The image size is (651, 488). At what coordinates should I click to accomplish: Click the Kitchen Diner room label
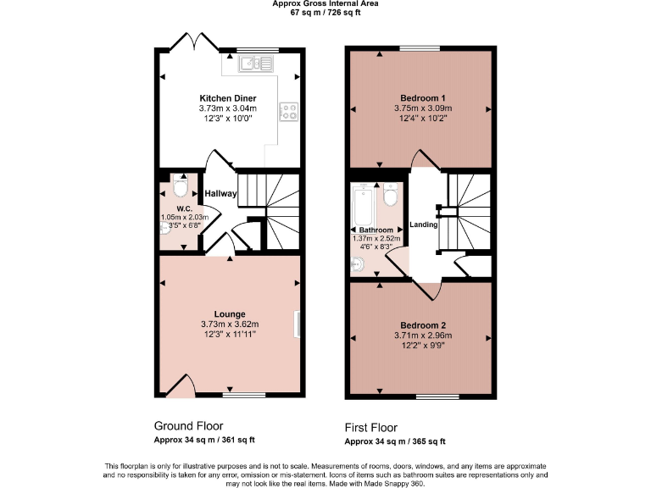[227, 98]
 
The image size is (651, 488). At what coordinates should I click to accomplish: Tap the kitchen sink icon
[253, 63]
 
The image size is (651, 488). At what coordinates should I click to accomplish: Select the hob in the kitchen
[289, 108]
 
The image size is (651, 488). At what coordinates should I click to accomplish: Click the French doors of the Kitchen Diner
[189, 42]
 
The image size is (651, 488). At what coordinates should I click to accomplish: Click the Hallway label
[220, 194]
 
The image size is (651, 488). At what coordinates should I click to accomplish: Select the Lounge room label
[229, 313]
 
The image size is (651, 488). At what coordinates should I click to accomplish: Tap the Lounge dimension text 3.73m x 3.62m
[229, 324]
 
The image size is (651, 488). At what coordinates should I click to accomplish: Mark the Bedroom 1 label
[422, 98]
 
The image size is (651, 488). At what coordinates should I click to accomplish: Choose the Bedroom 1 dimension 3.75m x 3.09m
[422, 108]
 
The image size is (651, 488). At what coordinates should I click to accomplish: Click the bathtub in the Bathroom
[361, 204]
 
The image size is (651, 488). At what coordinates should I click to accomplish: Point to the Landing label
[423, 225]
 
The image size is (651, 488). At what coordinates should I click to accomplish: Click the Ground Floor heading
[188, 425]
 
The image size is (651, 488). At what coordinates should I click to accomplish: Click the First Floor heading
[370, 428]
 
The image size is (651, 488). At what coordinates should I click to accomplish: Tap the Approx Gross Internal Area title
[325, 3]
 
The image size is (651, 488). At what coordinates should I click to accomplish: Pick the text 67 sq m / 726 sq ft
[325, 13]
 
